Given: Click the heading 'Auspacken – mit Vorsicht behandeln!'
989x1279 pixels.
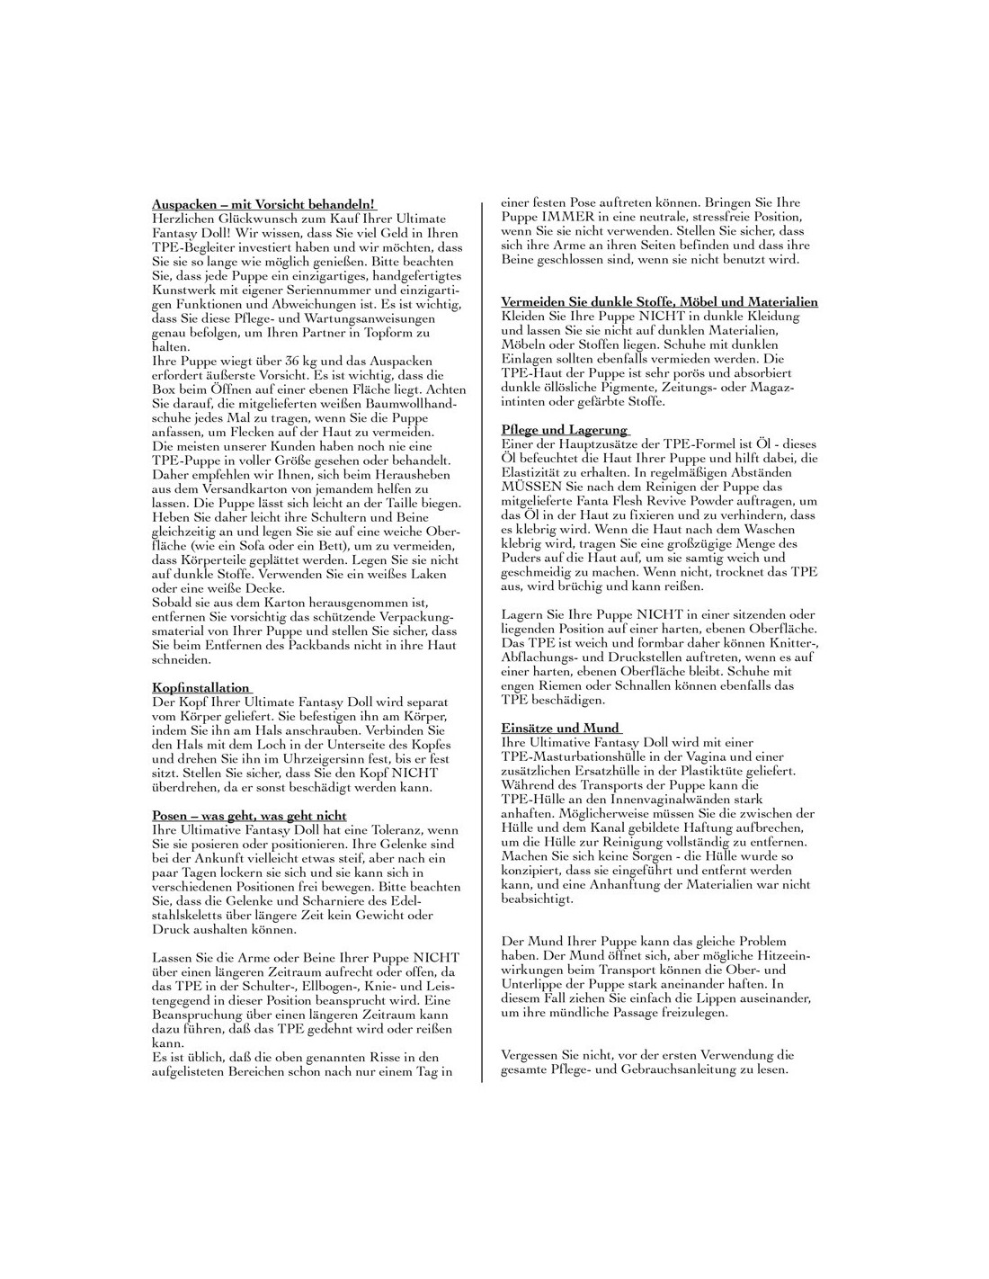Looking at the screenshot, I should pyautogui.click(x=263, y=204).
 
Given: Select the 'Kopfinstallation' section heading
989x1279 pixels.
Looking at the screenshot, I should pyautogui.click(x=200, y=688).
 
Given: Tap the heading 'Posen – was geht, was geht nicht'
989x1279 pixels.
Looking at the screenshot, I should pyautogui.click(x=249, y=816).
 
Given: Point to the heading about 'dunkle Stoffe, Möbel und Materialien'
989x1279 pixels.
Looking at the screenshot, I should pyautogui.click(x=659, y=301).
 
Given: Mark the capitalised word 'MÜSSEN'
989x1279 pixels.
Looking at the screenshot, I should pyautogui.click(x=530, y=487).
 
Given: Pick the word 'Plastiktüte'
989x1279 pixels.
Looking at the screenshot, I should pyautogui.click(x=701, y=771).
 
